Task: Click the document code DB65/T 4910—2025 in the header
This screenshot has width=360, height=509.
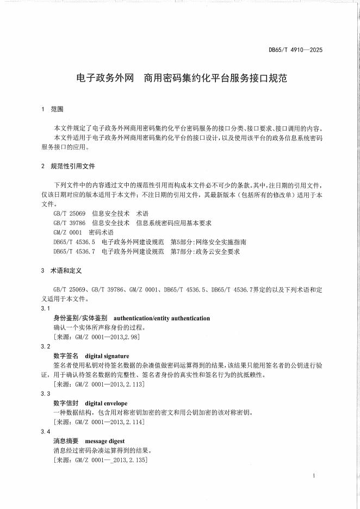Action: pos(295,50)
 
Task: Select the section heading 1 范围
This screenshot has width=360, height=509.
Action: pos(53,109)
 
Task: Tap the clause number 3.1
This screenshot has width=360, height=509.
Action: pos(46,308)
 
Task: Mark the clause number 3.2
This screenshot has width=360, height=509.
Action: pos(46,346)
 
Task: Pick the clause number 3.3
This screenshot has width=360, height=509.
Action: pos(46,394)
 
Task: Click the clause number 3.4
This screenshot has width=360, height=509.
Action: pos(46,431)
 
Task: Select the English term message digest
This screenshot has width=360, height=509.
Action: pos(105,441)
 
